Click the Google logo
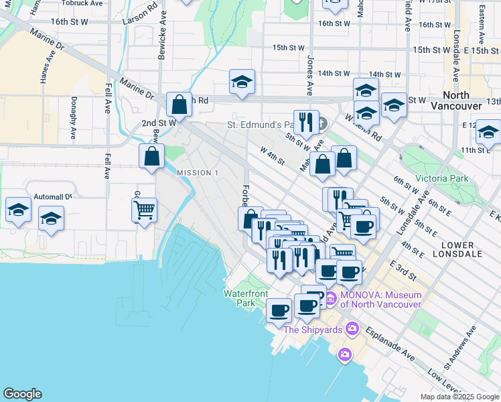coord(22,394)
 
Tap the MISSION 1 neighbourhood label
coord(198,173)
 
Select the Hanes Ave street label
coord(45,66)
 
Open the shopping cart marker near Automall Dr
coord(145,210)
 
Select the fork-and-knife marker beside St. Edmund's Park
coord(306,122)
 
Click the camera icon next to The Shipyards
coord(352,329)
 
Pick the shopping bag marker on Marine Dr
coord(179,104)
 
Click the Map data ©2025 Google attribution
coord(459,397)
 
